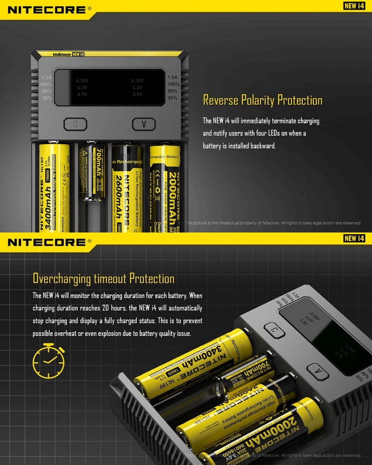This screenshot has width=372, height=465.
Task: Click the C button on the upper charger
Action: [75, 124]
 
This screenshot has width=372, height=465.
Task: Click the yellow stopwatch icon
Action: [48, 361]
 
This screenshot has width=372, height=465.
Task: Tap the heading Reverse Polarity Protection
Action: [263, 100]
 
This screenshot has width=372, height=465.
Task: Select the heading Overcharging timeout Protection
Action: [103, 279]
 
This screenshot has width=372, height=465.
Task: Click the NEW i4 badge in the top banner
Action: [353, 6]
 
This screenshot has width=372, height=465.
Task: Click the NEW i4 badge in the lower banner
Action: [353, 239]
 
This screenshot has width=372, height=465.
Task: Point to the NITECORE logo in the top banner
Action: [46, 9]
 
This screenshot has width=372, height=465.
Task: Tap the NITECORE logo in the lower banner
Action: [46, 242]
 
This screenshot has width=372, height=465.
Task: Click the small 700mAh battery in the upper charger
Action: [92, 172]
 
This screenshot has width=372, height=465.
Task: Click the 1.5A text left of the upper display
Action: [46, 78]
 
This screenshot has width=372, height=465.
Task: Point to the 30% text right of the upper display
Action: [173, 98]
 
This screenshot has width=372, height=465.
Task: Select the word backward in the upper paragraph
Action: [263, 146]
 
